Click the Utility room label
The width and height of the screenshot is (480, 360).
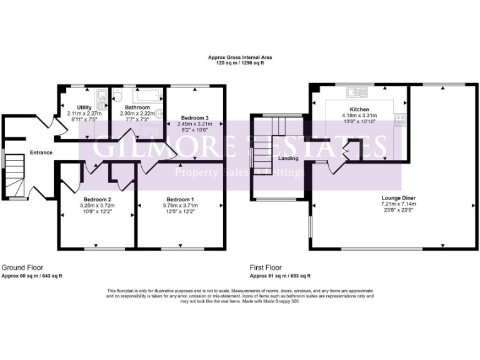click(84, 107)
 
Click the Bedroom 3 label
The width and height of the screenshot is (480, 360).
click(194, 117)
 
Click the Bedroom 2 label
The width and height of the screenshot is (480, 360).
click(97, 199)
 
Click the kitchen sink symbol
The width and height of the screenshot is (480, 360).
click(357, 93)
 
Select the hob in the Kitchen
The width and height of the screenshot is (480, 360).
click(399, 119)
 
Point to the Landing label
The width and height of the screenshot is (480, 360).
click(288, 158)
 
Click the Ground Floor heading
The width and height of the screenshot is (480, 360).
click(22, 267)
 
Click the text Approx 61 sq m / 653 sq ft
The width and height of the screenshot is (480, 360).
click(280, 276)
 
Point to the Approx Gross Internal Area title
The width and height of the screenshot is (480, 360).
click(240, 57)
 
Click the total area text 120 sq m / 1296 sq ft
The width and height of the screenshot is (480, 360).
click(240, 64)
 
